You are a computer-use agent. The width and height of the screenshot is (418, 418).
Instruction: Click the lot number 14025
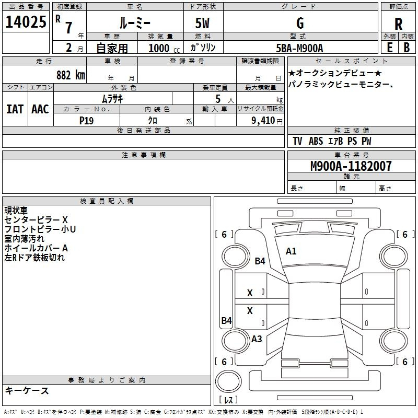(x=26, y=22)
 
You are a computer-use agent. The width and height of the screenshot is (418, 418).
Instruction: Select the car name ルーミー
(x=135, y=23)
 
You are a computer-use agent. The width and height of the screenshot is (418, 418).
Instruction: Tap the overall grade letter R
(x=398, y=24)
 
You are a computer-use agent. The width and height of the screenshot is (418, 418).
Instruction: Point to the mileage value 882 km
(x=71, y=75)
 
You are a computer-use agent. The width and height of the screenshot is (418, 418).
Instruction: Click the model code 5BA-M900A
(x=299, y=48)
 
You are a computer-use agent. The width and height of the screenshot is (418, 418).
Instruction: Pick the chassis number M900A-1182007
(x=351, y=166)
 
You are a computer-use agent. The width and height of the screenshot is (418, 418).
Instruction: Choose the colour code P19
(x=86, y=121)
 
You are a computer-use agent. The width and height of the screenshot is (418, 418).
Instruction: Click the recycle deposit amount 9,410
(x=263, y=121)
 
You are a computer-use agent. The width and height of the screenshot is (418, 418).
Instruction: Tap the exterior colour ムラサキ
(x=112, y=99)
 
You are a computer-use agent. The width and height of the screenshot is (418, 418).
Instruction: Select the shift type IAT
(x=15, y=109)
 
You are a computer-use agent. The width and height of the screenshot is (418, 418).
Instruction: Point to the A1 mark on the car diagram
(x=291, y=251)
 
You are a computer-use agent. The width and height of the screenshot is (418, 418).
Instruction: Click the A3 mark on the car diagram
(x=257, y=339)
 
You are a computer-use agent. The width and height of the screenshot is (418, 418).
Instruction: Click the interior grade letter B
(x=407, y=48)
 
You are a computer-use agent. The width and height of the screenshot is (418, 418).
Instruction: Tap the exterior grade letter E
(x=389, y=48)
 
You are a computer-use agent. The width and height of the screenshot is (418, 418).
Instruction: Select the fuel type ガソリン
(x=203, y=48)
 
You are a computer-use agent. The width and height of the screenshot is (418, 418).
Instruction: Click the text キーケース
(x=27, y=390)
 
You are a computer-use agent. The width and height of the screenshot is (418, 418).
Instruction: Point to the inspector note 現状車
(x=16, y=211)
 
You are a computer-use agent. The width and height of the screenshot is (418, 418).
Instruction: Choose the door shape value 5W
(x=202, y=23)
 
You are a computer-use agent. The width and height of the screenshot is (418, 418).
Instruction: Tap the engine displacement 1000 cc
(x=164, y=48)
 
